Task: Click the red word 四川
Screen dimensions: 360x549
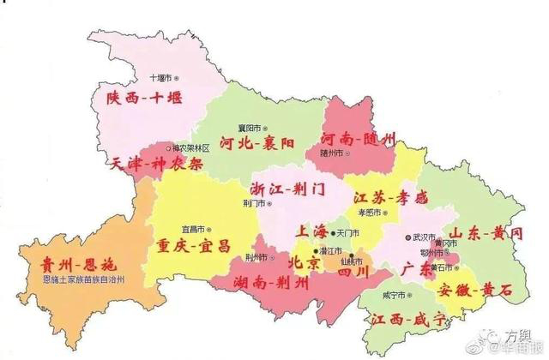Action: point(352,273)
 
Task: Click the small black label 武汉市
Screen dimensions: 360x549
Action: point(424,237)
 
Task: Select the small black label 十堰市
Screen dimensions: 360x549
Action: point(160,75)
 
